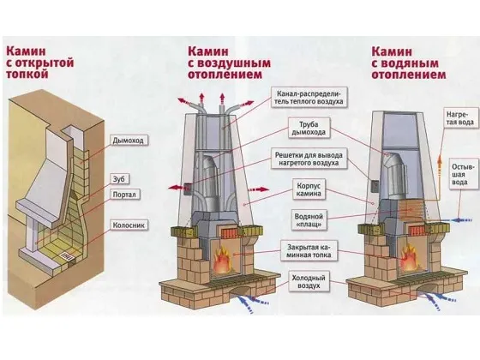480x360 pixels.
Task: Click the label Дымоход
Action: [x=128, y=139]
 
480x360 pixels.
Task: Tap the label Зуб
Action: [x=118, y=178]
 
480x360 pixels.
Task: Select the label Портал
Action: [x=125, y=195]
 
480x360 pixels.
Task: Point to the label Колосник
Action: [x=129, y=226]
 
